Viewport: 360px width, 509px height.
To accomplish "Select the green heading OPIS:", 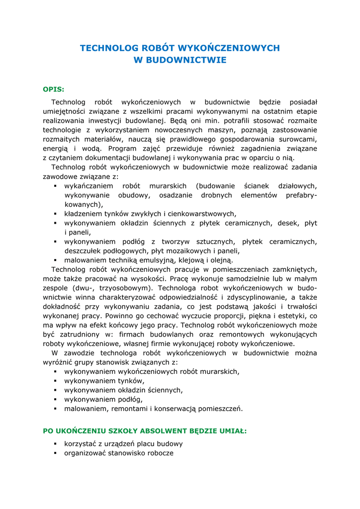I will pyautogui.click(x=54, y=89).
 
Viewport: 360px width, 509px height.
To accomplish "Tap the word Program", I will pyautogui.click(x=125, y=149).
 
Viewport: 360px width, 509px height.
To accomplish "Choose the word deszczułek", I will pyautogui.click(x=86, y=251).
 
